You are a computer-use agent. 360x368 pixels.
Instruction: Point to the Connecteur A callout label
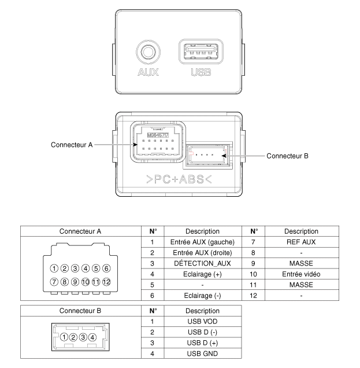pyautogui.click(x=72, y=145)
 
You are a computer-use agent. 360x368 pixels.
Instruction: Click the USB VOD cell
pyautogui.click(x=199, y=320)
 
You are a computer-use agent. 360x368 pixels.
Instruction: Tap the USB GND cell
pyautogui.click(x=199, y=351)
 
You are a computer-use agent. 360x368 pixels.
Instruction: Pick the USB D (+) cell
pyautogui.click(x=199, y=341)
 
